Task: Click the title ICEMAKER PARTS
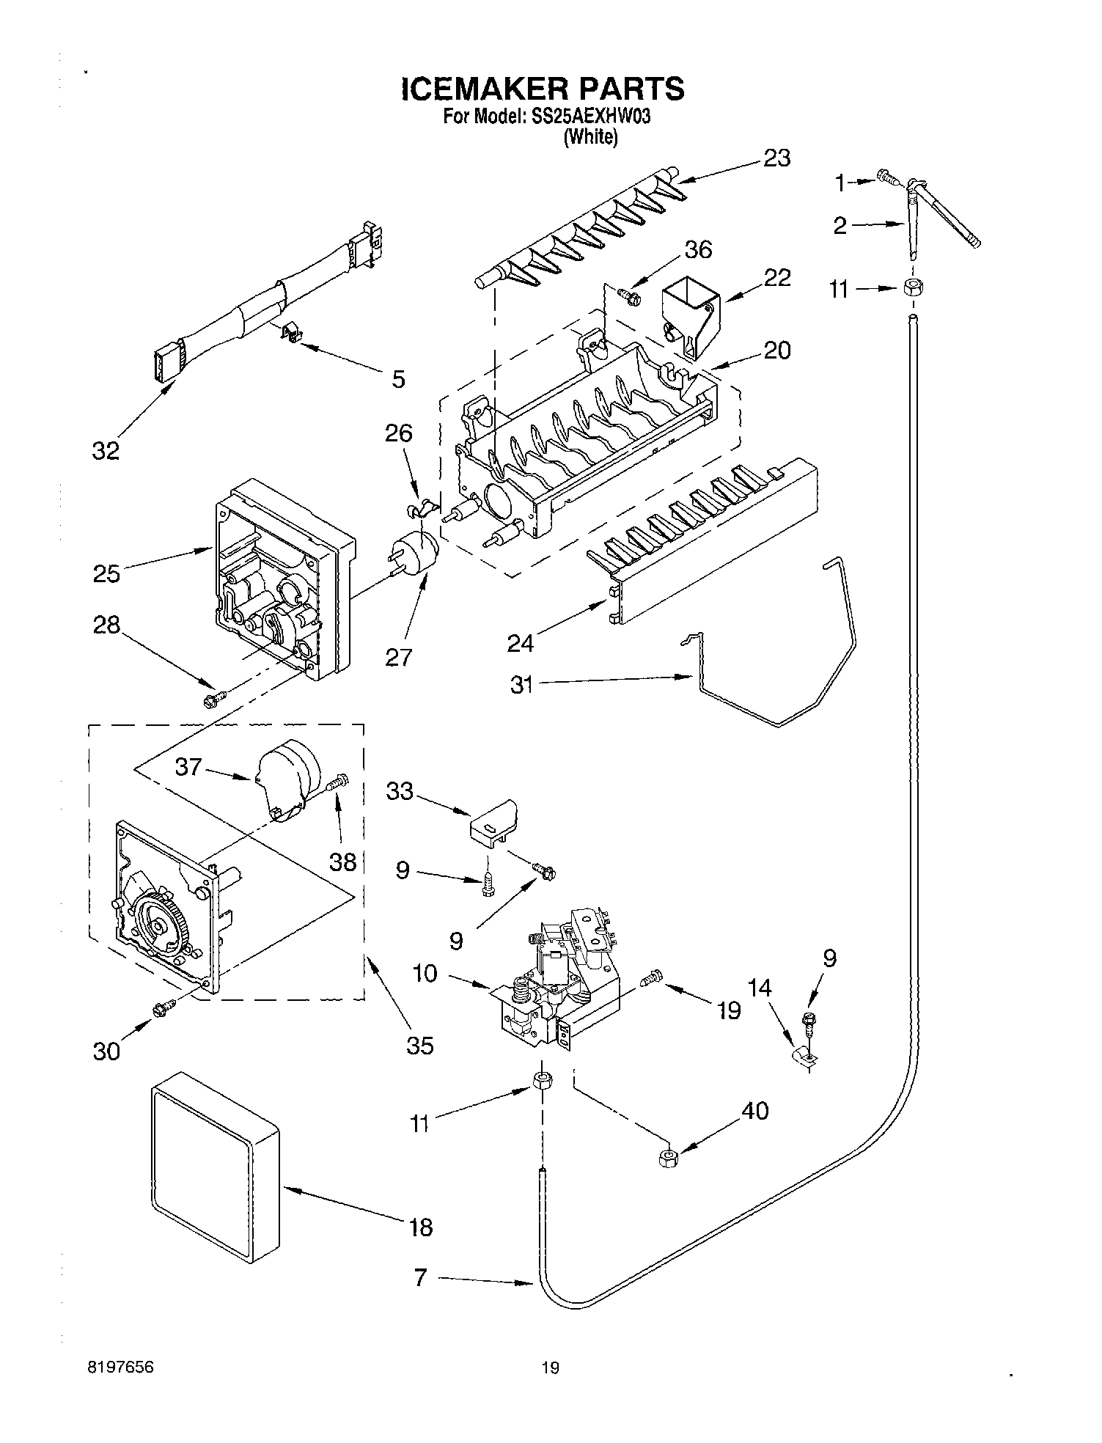543,89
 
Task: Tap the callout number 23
776,158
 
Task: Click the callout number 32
106,450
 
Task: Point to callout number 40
754,1110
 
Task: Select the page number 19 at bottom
550,1367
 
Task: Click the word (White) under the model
590,137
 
